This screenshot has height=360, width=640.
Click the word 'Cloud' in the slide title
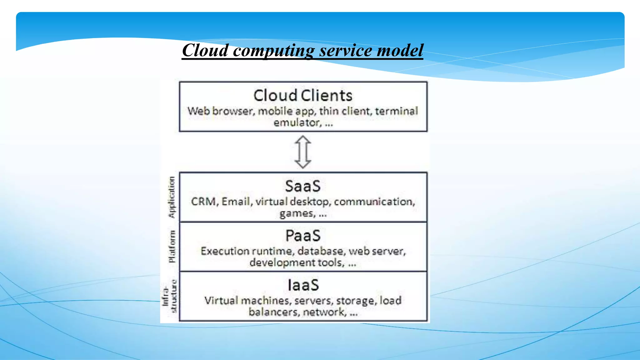click(205, 50)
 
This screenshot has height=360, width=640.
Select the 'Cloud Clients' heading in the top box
click(302, 95)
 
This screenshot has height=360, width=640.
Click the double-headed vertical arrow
click(303, 152)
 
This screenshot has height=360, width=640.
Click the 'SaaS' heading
click(302, 186)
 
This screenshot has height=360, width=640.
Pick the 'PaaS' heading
click(302, 236)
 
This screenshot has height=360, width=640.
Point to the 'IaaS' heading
click(303, 285)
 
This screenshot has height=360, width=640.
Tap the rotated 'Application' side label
click(172, 197)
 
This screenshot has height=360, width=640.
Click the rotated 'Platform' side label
click(172, 247)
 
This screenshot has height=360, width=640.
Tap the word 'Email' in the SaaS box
click(236, 202)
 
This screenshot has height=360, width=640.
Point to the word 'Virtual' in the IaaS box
click(221, 300)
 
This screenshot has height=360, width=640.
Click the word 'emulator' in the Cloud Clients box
click(297, 122)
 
